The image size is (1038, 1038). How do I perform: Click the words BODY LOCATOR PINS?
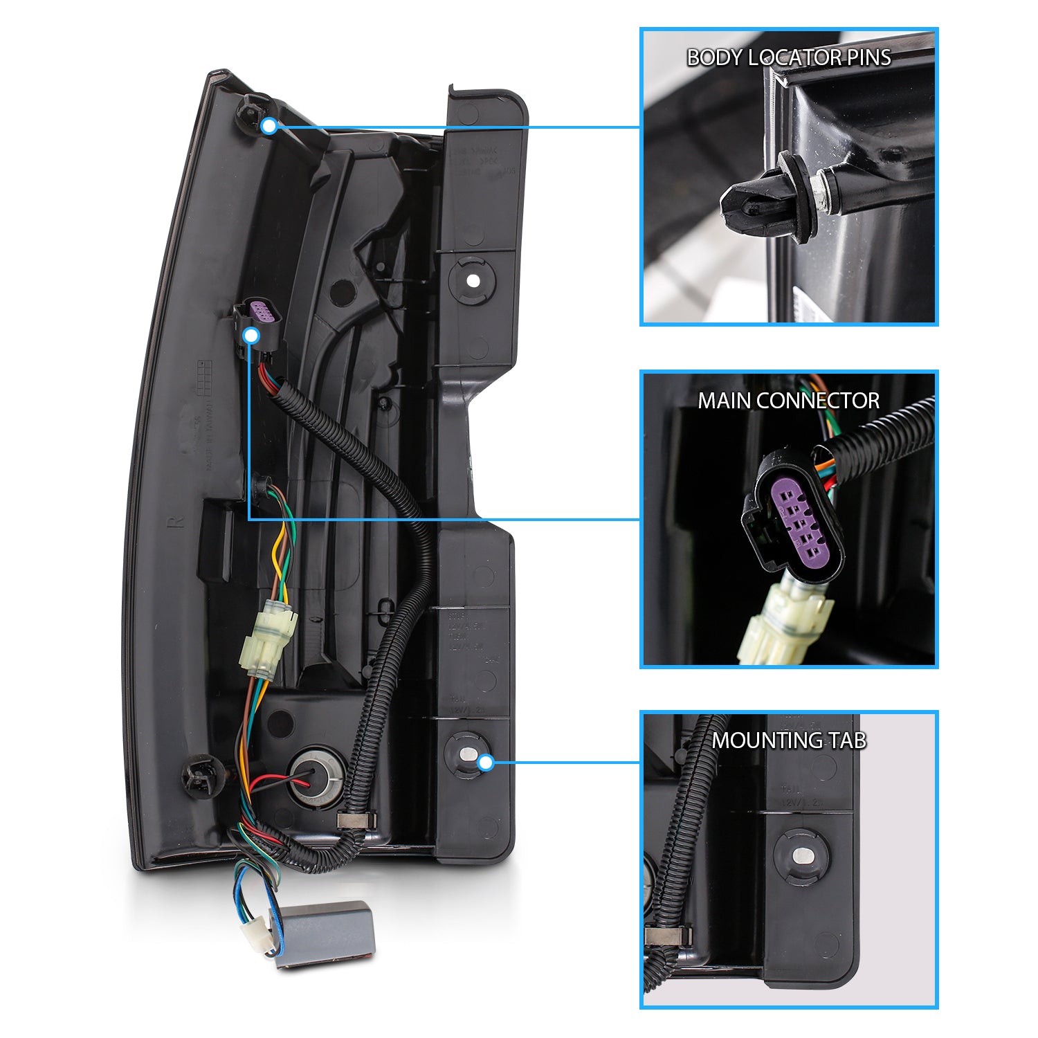tap(788, 57)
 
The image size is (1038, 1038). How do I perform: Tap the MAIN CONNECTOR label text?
tap(788, 401)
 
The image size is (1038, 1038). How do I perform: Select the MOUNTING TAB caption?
tap(788, 740)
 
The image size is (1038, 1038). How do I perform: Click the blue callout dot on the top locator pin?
tap(269, 126)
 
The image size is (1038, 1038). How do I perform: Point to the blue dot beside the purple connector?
tap(252, 336)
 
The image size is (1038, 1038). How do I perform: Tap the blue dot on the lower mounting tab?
tap(486, 763)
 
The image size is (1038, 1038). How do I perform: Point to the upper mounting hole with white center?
tap(473, 280)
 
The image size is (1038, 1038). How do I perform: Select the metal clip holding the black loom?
tap(356, 821)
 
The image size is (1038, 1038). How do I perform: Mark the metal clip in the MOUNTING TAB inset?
tap(668, 936)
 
